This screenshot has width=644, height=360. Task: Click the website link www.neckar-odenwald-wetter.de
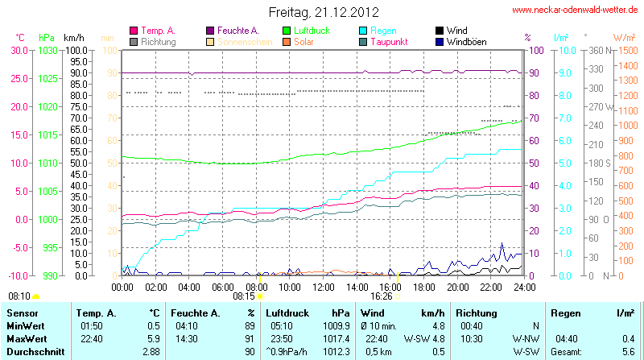click(575, 10)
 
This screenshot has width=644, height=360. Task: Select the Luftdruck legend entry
click(320, 30)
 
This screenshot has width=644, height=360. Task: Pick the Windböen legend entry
click(465, 41)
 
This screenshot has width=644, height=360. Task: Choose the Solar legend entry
click(303, 41)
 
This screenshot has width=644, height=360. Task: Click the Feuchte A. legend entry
click(238, 30)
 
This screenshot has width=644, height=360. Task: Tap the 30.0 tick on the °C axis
click(18, 50)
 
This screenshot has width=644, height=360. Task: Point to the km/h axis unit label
click(73, 38)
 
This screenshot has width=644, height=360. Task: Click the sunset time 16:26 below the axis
click(382, 296)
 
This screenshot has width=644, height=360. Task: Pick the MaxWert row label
click(27, 338)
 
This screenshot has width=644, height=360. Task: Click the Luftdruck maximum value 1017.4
click(340, 338)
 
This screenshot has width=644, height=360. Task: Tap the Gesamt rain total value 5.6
click(629, 352)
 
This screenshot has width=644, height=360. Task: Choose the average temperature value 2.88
click(151, 352)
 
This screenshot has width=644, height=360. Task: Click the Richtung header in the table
click(477, 312)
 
